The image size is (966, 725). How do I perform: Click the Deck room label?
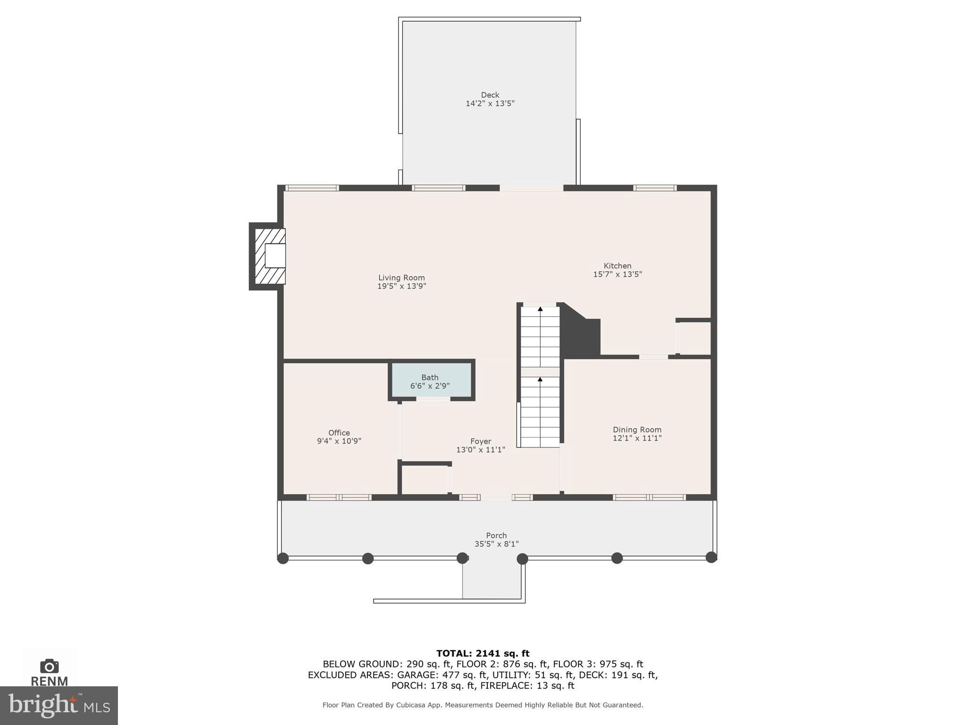click(490, 95)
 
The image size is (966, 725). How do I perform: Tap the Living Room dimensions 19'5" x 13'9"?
click(401, 286)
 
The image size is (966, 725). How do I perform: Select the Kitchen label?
click(617, 266)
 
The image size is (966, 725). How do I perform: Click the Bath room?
click(430, 381)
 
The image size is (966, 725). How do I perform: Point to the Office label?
click(339, 433)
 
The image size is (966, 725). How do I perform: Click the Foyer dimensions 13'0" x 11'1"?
click(480, 450)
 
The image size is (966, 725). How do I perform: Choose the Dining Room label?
click(637, 430)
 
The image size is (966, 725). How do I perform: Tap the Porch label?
click(496, 535)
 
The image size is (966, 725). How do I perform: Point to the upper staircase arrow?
click(540, 309)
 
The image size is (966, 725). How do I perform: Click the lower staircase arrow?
click(540, 379)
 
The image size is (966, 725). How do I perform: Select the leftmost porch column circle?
click(283, 558)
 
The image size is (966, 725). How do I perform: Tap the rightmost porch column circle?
click(711, 557)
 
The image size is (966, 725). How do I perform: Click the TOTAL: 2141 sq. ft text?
click(483, 653)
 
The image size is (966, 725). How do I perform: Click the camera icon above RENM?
click(50, 666)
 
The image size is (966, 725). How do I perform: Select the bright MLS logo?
click(58, 705)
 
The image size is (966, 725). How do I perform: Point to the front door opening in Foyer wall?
click(496, 497)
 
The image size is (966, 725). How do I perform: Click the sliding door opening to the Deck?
click(531, 188)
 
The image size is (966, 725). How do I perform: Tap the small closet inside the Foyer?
click(424, 480)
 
